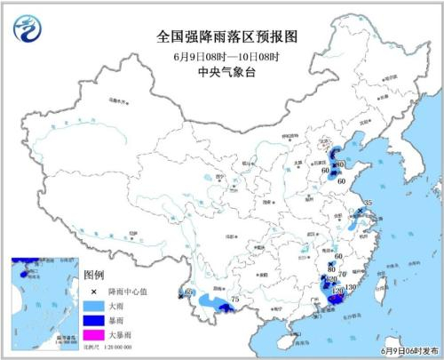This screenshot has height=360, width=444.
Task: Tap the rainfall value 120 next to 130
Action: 336,291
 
